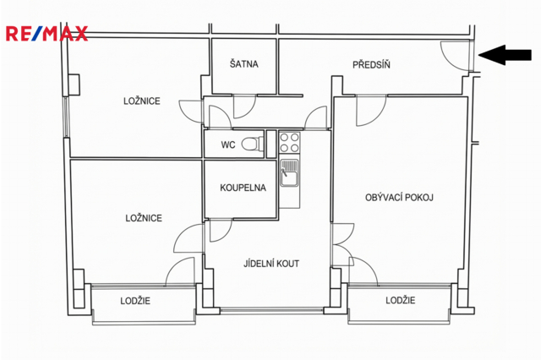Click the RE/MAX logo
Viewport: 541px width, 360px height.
coord(46,34)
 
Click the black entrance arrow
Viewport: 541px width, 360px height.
coord(505,55)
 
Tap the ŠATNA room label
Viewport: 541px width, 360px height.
coord(244,63)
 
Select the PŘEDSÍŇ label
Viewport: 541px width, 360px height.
coord(371,64)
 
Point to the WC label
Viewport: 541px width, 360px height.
coord(228,145)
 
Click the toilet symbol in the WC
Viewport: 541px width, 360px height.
coord(253,145)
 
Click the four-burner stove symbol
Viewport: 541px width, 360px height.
coord(289,143)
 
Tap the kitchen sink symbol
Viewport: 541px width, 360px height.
coord(289,172)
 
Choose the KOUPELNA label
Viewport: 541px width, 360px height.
coord(243,188)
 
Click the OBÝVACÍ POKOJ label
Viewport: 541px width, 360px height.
coord(399,198)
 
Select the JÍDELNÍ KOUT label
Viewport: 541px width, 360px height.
coord(271,264)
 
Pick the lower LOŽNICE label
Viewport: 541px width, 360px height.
coord(144,218)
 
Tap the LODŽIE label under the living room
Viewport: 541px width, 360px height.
coord(400,300)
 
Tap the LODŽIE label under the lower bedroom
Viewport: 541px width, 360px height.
coord(135,301)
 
